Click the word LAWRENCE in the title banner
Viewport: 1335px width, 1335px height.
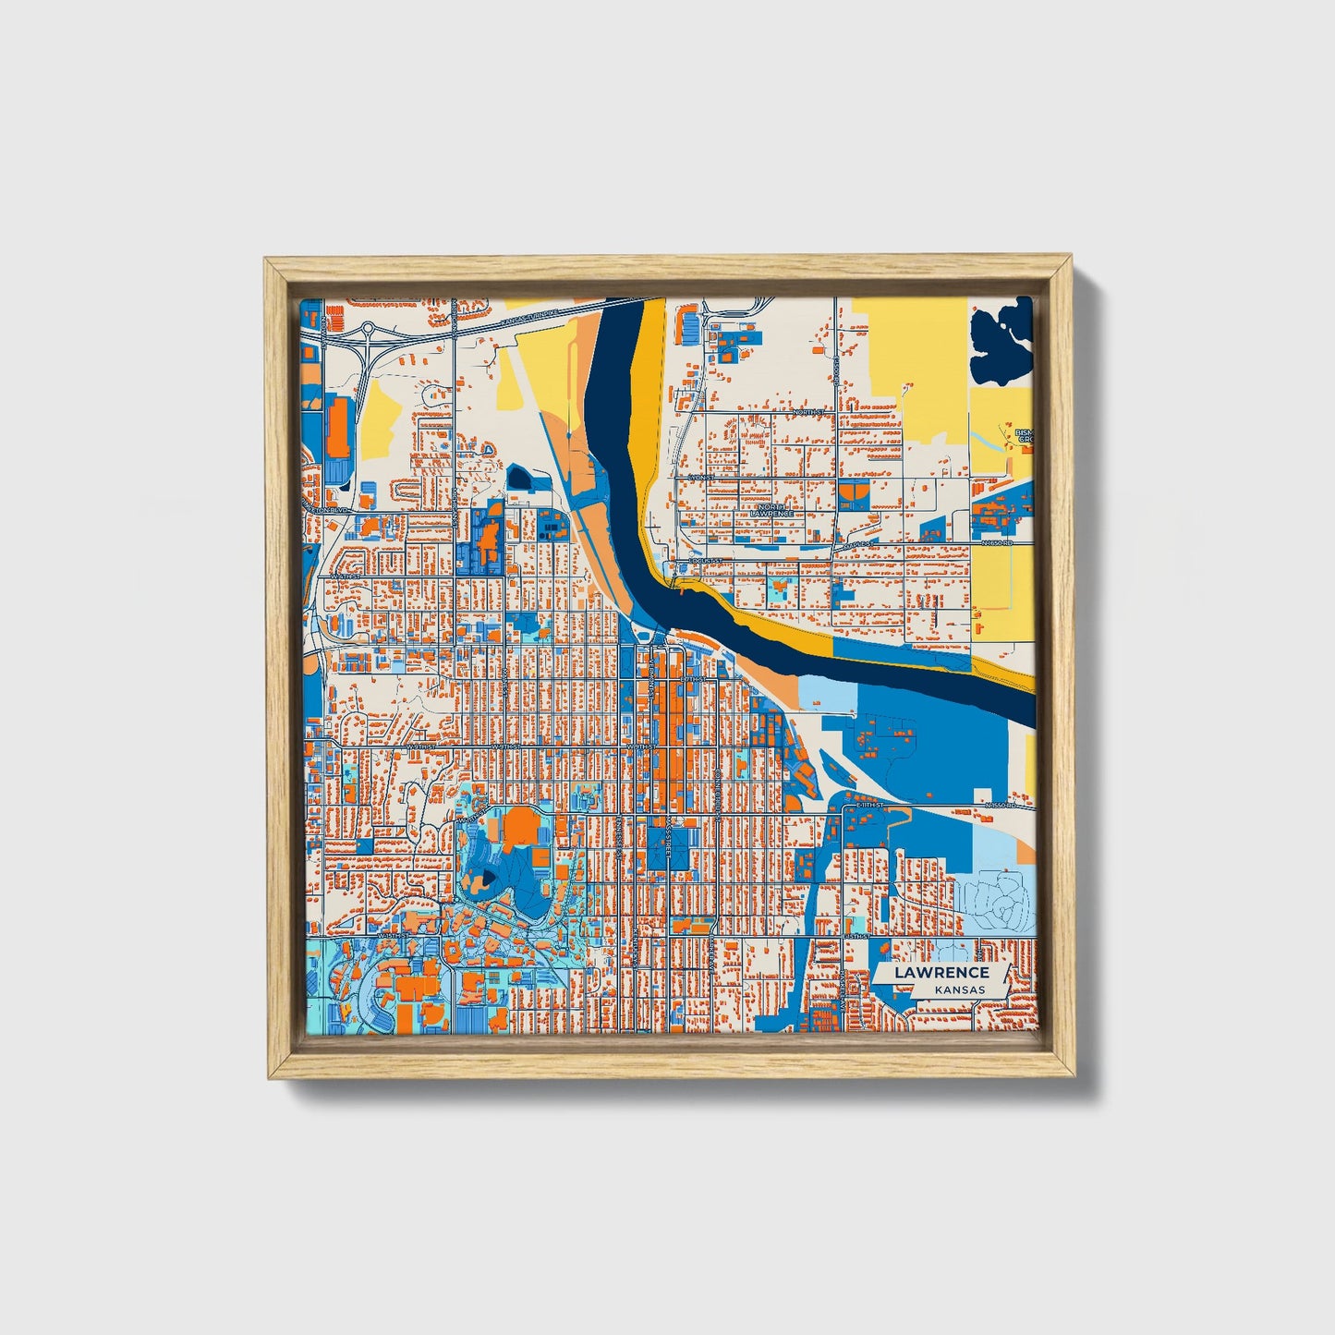click(x=941, y=972)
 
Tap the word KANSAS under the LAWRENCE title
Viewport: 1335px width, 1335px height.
click(x=959, y=989)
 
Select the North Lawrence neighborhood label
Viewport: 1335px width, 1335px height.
click(x=771, y=510)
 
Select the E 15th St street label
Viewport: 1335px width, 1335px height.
click(x=856, y=936)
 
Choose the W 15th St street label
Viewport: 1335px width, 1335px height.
click(x=388, y=935)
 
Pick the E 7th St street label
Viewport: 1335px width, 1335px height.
click(x=692, y=680)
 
